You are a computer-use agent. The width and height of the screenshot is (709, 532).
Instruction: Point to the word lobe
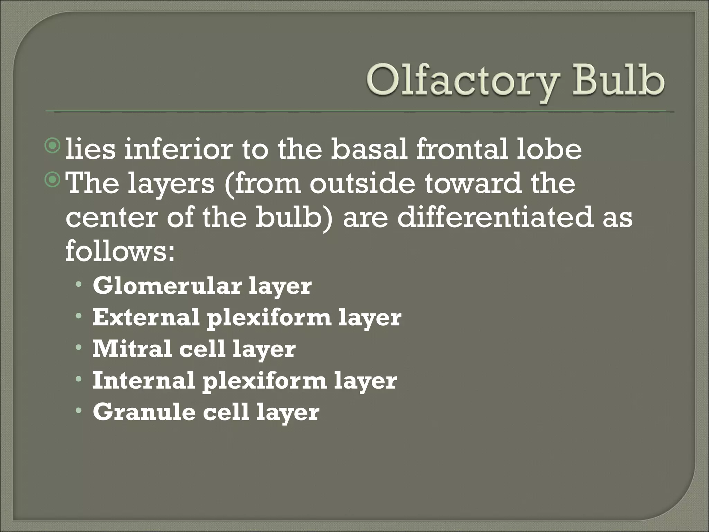548,149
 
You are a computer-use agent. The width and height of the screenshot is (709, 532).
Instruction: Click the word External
146,317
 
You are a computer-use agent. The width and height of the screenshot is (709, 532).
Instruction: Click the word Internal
143,380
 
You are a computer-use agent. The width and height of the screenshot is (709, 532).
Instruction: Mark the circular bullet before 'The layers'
53,180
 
